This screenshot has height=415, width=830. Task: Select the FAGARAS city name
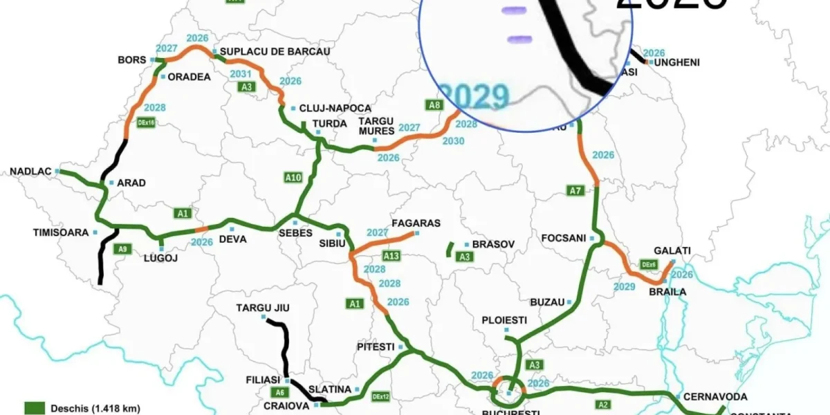point(416,223)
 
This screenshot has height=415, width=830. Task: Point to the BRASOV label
point(493,245)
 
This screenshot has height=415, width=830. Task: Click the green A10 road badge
point(293,178)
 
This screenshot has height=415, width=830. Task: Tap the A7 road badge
point(575,190)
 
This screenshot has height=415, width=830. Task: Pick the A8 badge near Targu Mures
point(434,105)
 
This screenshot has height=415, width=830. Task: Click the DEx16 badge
point(147,122)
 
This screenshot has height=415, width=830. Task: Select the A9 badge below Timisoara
point(122,248)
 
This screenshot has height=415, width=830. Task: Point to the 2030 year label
point(454,141)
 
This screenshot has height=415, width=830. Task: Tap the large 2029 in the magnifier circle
point(475,97)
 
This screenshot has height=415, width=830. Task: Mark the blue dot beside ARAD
point(111,183)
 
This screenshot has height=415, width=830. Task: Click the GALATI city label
point(672,250)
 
